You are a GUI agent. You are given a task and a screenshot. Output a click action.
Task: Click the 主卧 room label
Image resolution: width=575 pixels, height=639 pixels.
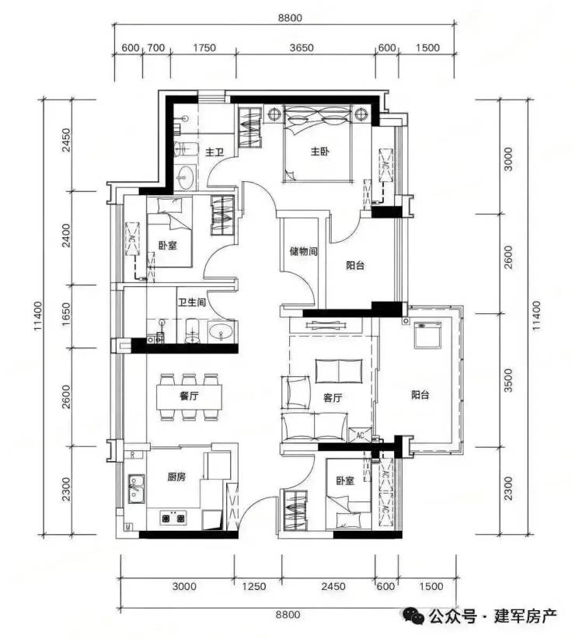click(319, 152)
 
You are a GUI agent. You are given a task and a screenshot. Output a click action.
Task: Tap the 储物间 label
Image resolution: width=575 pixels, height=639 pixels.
click(303, 251)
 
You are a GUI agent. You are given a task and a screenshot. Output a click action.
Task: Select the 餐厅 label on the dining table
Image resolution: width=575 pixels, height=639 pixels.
click(189, 396)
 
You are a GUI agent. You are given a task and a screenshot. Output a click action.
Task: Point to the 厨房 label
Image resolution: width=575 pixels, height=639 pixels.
click(176, 477)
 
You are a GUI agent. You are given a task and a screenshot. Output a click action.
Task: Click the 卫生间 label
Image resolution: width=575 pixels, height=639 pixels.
click(191, 302)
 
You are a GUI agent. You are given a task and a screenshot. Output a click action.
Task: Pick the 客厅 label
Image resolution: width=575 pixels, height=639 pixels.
click(333, 397)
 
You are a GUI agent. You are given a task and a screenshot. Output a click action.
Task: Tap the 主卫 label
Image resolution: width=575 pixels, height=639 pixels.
click(214, 152)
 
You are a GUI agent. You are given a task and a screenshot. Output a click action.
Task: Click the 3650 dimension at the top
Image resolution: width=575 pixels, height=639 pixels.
click(301, 47)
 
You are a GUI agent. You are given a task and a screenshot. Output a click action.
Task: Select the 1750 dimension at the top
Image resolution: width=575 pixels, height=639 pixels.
click(204, 47)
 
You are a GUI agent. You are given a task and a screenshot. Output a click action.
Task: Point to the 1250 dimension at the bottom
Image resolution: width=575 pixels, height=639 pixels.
click(254, 586)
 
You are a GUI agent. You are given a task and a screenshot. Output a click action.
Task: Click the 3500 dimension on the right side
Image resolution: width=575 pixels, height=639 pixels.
click(509, 380)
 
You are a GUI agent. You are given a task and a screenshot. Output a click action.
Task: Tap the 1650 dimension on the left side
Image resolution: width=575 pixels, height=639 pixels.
click(66, 315)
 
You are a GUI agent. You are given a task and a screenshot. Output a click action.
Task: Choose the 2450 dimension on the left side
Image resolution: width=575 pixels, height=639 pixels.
click(66, 140)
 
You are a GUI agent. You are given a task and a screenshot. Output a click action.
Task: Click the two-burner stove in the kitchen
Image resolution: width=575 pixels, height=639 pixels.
click(173, 518)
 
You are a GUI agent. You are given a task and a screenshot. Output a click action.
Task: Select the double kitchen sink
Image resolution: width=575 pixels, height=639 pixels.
click(136, 488)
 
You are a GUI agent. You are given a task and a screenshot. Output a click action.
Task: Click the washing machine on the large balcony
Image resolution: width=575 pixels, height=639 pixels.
click(427, 335)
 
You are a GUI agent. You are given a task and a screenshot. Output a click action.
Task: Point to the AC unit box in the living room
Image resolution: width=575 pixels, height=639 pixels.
click(361, 435)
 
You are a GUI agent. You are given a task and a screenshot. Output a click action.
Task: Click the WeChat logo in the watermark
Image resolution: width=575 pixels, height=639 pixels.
click(413, 616)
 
